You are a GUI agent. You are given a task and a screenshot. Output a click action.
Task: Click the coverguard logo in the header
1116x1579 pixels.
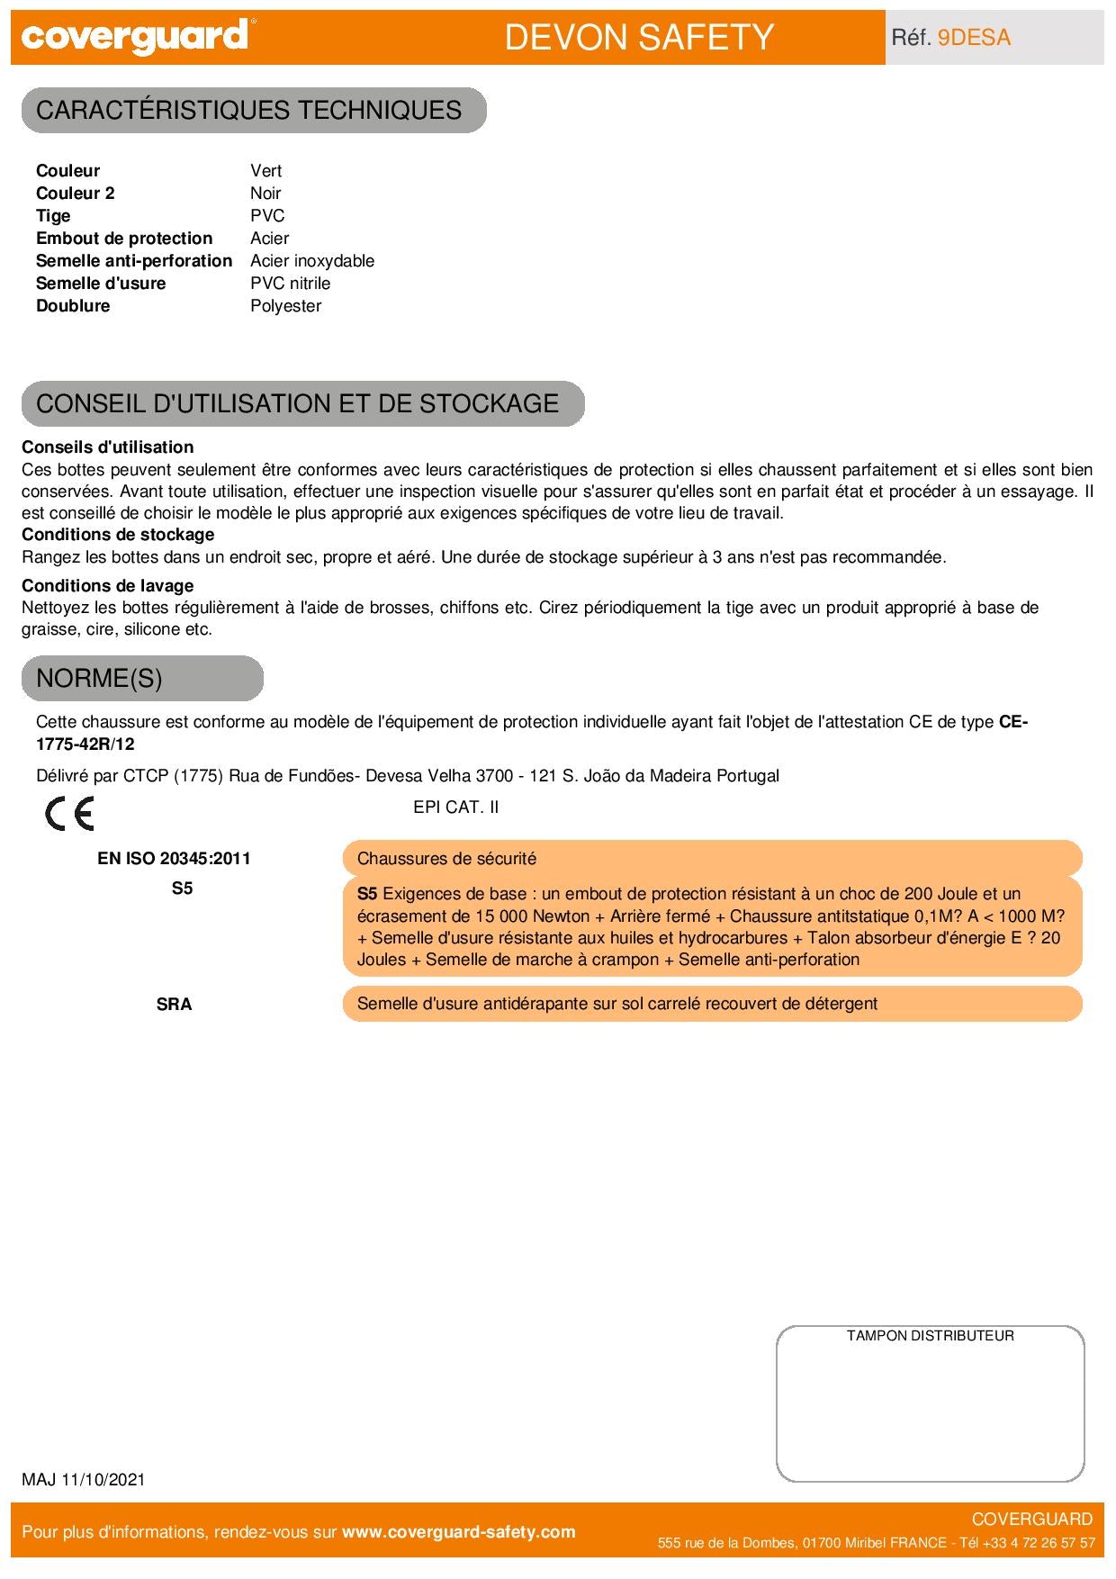(135, 37)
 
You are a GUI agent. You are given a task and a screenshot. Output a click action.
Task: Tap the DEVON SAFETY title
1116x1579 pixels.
(639, 38)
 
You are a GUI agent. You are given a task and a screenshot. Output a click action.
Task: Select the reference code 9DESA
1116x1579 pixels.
(974, 38)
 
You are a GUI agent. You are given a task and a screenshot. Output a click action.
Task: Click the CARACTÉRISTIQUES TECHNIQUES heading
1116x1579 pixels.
(249, 110)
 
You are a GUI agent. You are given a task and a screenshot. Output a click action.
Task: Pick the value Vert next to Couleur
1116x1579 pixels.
(266, 171)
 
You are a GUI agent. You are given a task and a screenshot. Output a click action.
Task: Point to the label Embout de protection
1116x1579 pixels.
(124, 239)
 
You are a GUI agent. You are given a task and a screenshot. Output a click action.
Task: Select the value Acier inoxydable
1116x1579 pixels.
(312, 261)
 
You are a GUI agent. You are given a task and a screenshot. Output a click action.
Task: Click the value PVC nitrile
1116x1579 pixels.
(291, 284)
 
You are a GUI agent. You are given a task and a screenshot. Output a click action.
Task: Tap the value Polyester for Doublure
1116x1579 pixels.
(286, 306)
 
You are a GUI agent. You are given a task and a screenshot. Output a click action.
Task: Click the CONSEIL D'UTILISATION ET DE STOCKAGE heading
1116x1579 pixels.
(298, 403)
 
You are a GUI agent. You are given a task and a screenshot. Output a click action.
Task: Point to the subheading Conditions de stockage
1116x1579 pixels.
(118, 535)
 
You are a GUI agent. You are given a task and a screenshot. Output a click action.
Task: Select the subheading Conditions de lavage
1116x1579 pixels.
(108, 586)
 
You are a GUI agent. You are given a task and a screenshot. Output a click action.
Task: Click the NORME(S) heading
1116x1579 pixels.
(99, 678)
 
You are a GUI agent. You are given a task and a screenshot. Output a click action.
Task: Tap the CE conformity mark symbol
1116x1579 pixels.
(69, 814)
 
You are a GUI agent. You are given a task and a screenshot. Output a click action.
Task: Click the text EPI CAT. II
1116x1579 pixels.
(455, 808)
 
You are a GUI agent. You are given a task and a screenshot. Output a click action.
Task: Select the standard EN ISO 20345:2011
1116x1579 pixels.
(174, 859)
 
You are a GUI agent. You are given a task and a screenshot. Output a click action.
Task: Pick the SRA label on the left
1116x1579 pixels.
(174, 1005)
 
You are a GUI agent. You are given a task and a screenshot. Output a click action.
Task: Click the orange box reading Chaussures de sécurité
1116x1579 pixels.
(711, 859)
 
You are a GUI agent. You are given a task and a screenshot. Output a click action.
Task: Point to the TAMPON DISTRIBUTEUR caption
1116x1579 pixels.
(930, 1336)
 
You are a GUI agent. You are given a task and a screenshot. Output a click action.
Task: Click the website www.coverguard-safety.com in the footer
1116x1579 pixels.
(459, 1532)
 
